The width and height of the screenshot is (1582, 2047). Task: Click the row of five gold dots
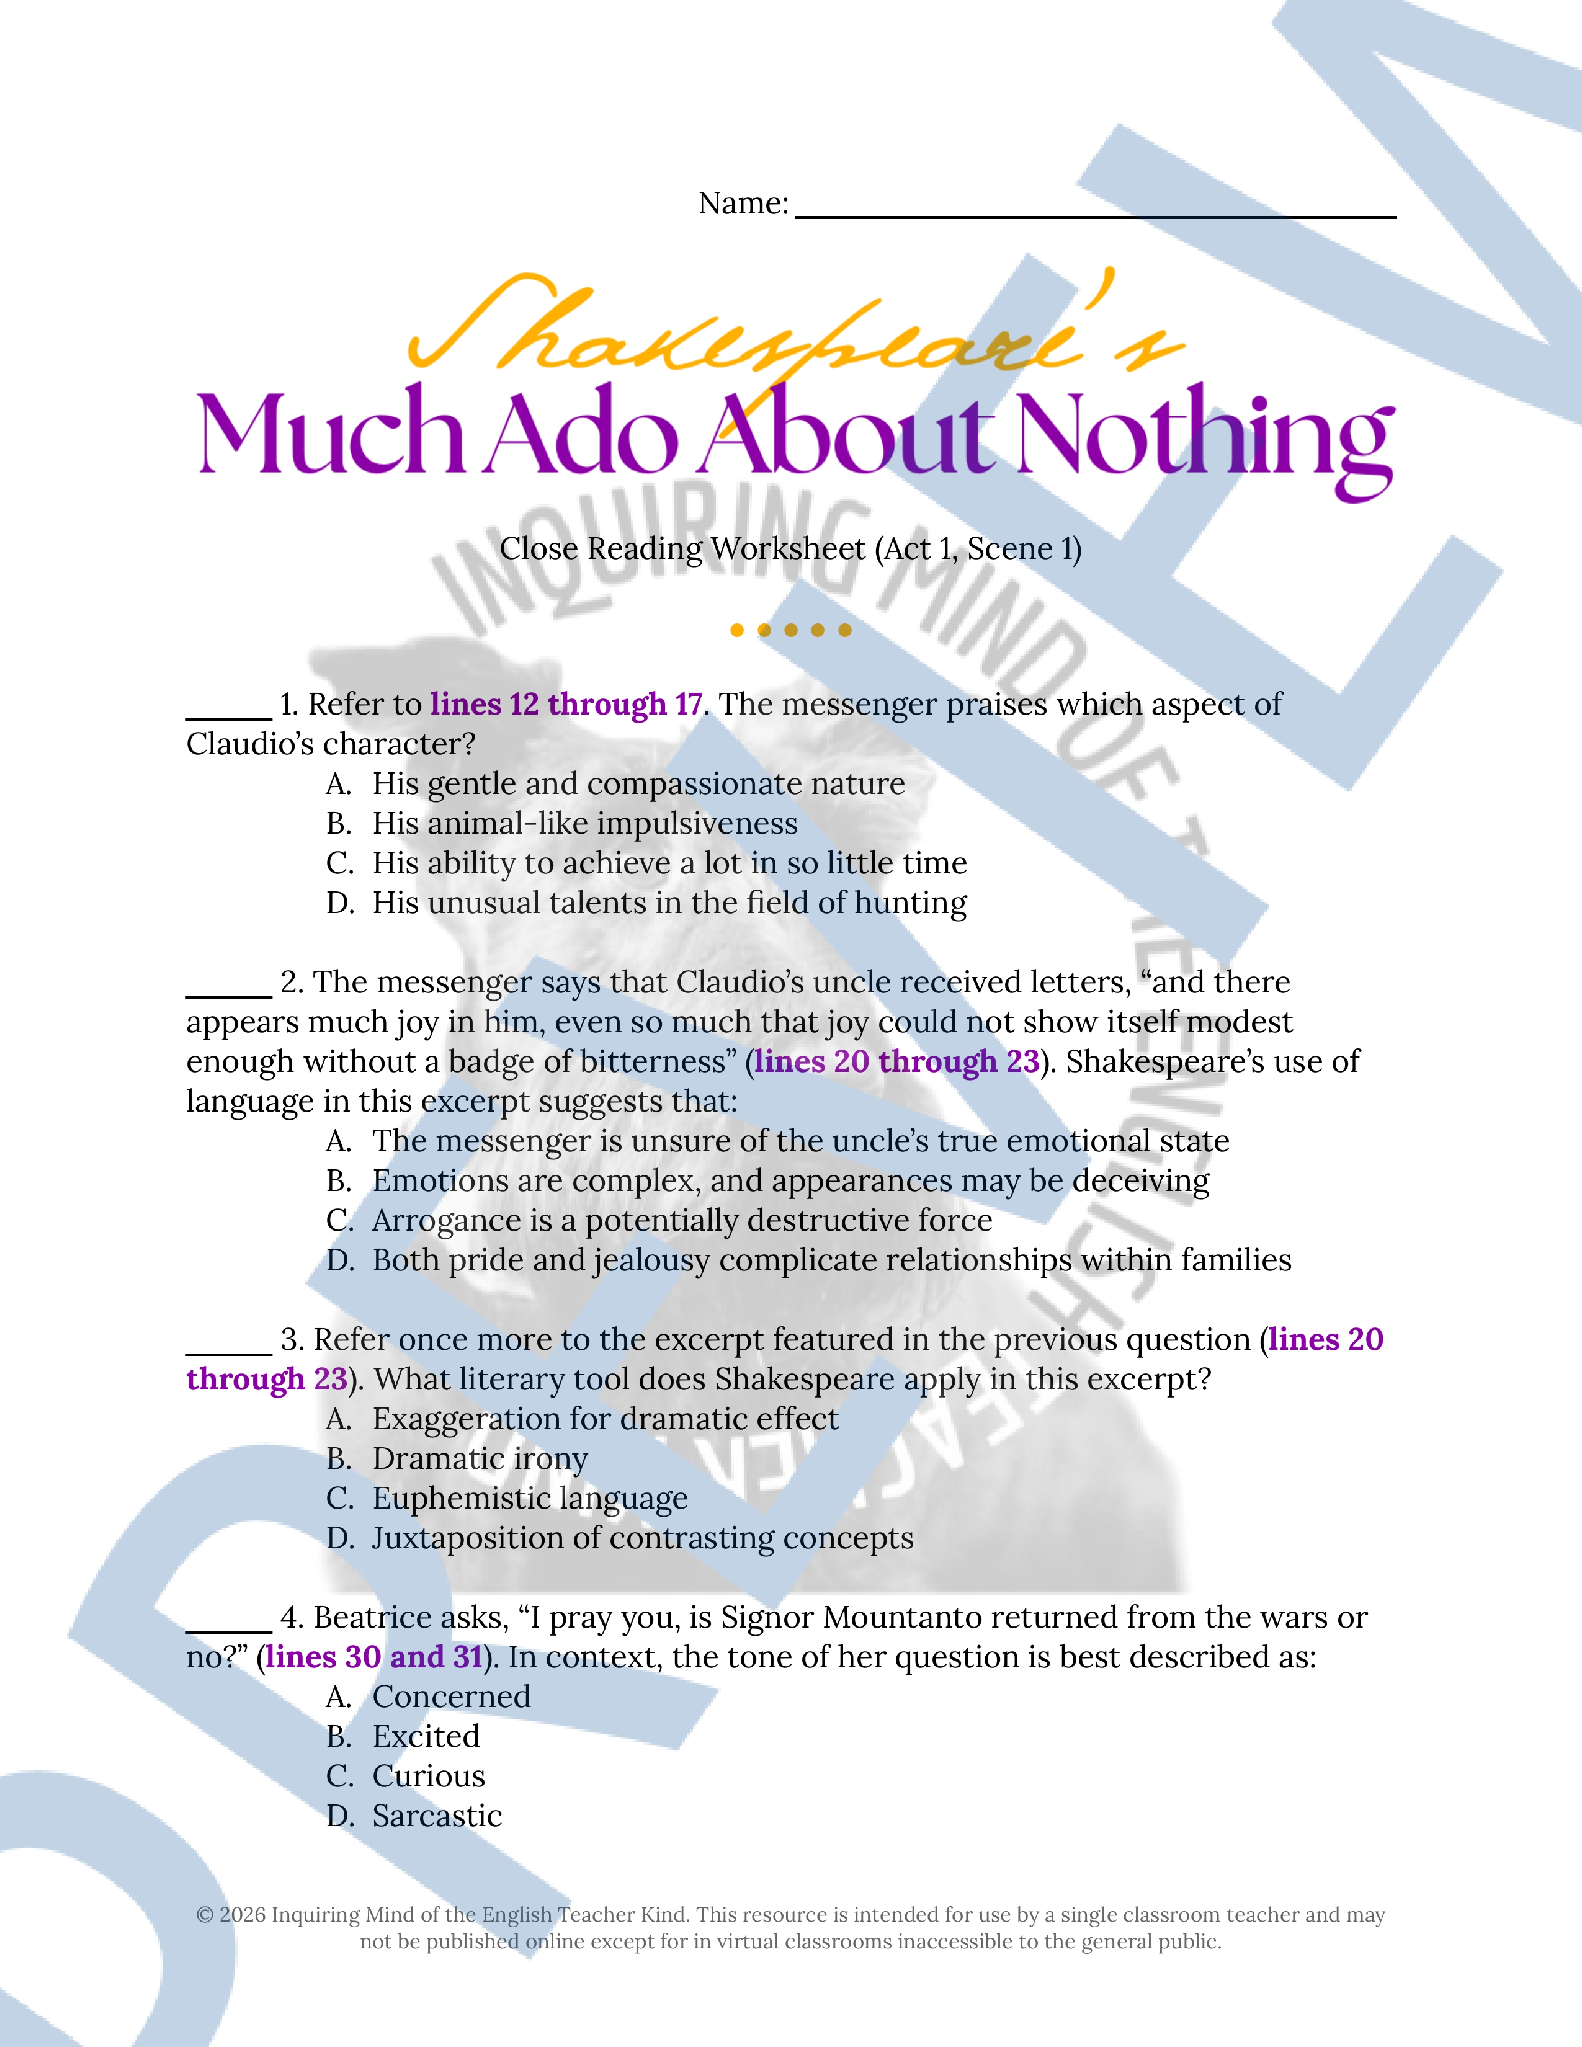(791, 630)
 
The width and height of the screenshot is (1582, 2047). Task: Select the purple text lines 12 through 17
(566, 704)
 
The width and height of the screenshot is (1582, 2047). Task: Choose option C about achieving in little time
(669, 862)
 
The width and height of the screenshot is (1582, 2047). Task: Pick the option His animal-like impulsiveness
(585, 823)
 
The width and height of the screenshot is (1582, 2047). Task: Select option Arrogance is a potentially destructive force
(681, 1220)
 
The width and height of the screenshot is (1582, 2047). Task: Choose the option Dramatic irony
(480, 1458)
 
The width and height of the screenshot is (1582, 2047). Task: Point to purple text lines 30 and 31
(374, 1657)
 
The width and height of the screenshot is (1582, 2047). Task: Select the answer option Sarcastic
(437, 1816)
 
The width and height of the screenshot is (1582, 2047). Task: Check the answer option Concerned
(451, 1697)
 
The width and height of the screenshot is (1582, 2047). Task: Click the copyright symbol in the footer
(204, 1915)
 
